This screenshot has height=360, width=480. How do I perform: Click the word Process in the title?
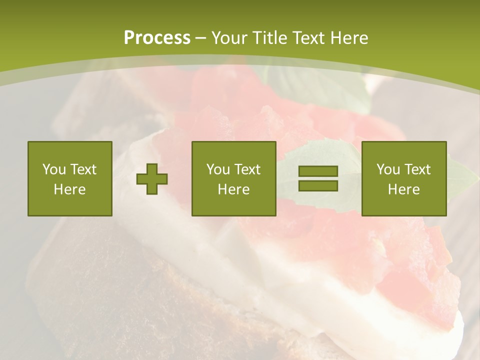(157, 38)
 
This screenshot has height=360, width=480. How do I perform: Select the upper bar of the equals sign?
(318, 171)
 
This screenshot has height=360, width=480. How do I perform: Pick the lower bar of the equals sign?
(318, 186)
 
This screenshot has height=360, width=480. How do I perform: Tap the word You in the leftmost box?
(54, 169)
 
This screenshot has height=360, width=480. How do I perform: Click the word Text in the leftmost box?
(83, 169)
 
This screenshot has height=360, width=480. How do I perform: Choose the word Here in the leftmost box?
(69, 189)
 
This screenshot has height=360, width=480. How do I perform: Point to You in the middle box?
(218, 169)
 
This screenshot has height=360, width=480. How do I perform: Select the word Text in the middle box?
(247, 169)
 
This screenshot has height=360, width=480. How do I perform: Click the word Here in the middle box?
(233, 189)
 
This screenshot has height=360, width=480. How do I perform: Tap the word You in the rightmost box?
(388, 169)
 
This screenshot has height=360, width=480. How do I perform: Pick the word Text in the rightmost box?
(417, 169)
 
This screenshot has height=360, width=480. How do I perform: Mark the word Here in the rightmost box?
(403, 189)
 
